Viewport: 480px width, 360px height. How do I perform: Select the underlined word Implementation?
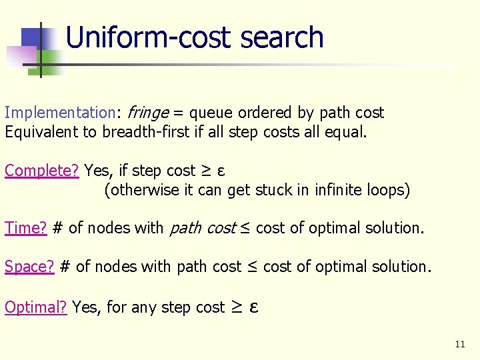[x=60, y=113]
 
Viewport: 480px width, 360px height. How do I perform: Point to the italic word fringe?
[x=147, y=113]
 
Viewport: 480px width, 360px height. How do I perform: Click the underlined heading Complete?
[x=42, y=171]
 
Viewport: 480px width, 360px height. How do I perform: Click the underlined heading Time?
[x=26, y=228]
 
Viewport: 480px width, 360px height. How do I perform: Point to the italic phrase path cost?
[x=203, y=228]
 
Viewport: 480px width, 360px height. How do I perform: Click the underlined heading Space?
[x=29, y=267]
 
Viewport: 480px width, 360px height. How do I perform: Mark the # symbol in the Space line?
[x=65, y=267]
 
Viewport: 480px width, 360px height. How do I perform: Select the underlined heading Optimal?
[x=36, y=307]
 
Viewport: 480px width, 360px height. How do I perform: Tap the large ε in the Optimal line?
[x=253, y=307]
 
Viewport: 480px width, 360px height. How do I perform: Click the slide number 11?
[x=459, y=345]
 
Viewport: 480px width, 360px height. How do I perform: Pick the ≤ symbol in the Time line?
[x=245, y=228]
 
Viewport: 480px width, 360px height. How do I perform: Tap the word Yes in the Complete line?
[x=97, y=171]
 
